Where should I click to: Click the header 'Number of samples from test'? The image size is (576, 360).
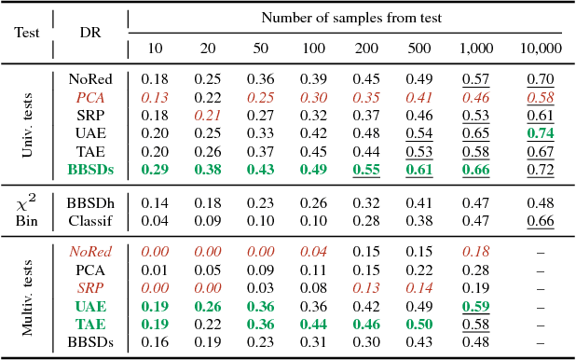350,17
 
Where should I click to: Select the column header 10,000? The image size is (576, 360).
541,48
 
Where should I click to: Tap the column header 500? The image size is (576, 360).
424,48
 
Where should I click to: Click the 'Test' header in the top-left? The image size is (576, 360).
27,31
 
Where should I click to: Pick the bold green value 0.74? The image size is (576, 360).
541,133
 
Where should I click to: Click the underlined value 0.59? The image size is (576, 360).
476,305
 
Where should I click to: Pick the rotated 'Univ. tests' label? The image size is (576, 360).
27,124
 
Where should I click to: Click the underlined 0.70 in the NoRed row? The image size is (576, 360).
541,79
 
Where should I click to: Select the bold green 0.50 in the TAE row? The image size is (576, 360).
424,323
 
